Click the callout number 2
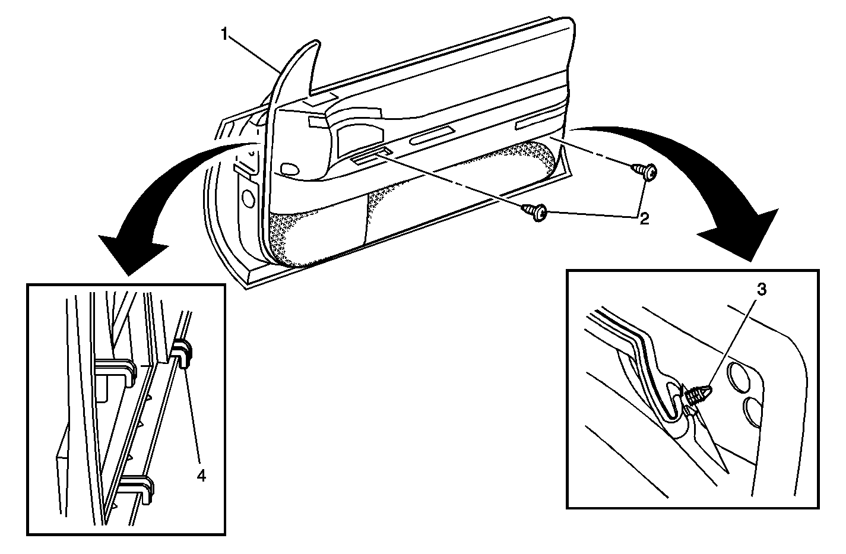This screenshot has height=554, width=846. [644, 219]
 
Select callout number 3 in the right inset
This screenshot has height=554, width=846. [762, 290]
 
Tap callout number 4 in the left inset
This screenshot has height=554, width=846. [202, 476]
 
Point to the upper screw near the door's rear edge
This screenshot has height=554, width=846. [645, 172]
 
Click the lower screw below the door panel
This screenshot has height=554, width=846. [535, 212]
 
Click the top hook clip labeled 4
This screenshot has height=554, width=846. [183, 354]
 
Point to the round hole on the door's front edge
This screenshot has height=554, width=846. [248, 198]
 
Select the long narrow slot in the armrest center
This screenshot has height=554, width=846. [432, 135]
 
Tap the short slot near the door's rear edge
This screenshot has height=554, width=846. [536, 124]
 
